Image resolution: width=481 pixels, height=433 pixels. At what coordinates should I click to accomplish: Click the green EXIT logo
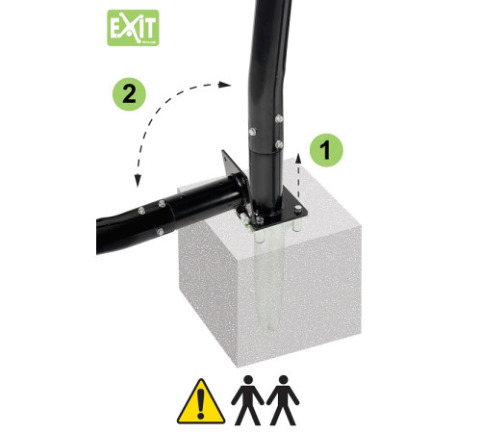(x=133, y=28)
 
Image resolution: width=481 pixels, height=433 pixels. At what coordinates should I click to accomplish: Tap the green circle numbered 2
(x=129, y=94)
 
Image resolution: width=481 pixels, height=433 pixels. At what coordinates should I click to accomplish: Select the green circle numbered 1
(x=326, y=150)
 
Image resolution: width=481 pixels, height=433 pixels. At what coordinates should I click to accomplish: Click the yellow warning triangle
(x=201, y=401)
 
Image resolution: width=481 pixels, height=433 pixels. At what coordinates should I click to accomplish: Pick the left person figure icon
(x=247, y=400)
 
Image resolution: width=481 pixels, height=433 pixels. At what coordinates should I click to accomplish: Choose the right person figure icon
(x=283, y=400)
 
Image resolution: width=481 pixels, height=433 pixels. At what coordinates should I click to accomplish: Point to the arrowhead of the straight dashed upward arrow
(x=298, y=158)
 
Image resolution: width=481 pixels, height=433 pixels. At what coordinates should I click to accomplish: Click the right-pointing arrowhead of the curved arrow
(x=225, y=85)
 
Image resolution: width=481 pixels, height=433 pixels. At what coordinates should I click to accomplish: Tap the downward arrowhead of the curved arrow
(x=138, y=180)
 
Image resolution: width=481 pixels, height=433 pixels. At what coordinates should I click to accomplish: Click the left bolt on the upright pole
(x=253, y=131)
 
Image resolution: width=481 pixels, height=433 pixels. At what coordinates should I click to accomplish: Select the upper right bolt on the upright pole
(x=279, y=118)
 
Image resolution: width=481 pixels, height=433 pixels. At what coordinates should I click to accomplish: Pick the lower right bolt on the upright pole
(x=279, y=144)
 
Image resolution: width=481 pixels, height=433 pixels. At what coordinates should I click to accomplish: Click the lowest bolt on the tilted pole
(x=160, y=232)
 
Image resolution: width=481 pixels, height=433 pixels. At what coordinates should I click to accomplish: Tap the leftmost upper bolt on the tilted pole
(x=141, y=211)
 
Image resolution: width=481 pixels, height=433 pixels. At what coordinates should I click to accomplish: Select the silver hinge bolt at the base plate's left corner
(x=244, y=218)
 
